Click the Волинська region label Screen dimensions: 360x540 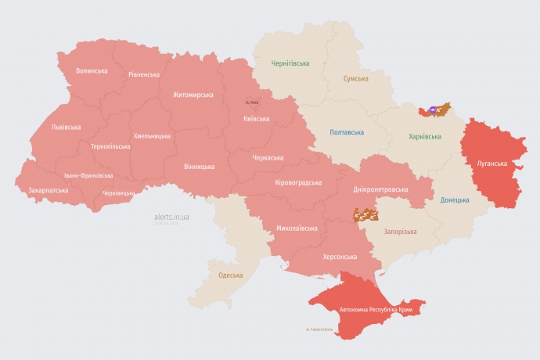pos(92,71)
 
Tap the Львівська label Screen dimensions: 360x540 pos(66,126)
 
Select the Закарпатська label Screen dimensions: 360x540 pos(48,190)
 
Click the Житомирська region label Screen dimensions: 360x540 pos(193,95)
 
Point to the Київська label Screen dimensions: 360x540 pos(256,119)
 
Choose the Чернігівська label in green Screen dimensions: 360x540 pos(290,63)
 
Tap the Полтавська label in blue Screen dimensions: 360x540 pos(345,132)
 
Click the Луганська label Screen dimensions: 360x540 pos(492,164)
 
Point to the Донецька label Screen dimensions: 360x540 pos(455,200)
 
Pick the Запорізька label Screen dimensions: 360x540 pos(400,232)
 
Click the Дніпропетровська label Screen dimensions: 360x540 pos(380,189)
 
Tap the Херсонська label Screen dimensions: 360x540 pos(340,257)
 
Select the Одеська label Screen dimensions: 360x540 pos(230,275)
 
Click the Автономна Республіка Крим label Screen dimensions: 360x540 pos(375,310)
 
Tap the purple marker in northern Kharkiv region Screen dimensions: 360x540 pos(435,110)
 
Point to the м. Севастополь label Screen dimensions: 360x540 pos(319,329)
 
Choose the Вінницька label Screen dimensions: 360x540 pos(199,167)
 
